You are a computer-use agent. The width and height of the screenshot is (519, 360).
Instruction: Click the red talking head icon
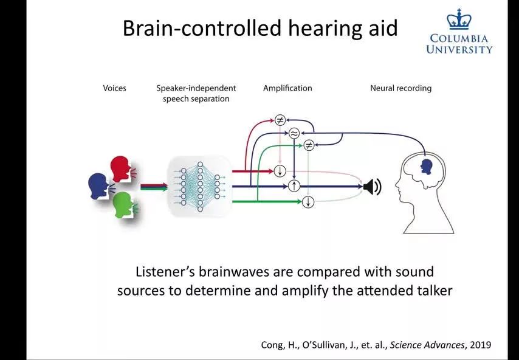point(120,168)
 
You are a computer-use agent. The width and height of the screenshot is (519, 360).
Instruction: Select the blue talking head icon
point(98,185)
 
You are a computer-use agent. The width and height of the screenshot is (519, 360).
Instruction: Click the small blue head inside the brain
point(427,165)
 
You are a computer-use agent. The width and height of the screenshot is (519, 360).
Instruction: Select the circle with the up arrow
point(294,186)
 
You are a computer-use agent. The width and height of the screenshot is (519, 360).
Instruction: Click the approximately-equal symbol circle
point(294,133)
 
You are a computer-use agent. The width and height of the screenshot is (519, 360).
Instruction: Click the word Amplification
point(287,88)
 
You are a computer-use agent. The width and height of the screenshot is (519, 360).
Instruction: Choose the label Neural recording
point(400,88)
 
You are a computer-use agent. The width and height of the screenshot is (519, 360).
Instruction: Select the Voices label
point(114,88)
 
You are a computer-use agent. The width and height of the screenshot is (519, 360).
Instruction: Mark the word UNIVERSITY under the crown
point(459,49)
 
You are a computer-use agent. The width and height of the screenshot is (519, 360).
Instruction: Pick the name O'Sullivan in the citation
point(317,345)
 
